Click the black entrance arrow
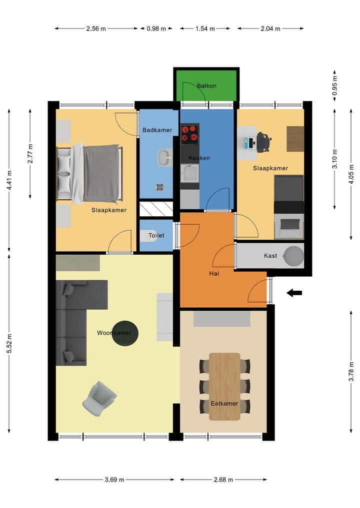point(294,293)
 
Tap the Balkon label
point(206,86)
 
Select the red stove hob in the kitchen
point(189,133)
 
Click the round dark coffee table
point(124,333)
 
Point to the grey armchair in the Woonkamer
point(99,398)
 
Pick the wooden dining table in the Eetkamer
point(224,386)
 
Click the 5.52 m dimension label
point(9,344)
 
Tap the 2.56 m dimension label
point(96,28)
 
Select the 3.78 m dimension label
point(351,370)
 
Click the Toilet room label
point(156,235)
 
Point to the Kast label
point(270,256)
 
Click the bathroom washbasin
point(163,157)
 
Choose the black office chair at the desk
point(263,141)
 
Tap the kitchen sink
point(189,173)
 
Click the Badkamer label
point(157,130)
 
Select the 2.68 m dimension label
point(223,480)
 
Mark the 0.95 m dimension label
point(335,85)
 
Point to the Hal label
point(214,273)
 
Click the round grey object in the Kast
point(293,256)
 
